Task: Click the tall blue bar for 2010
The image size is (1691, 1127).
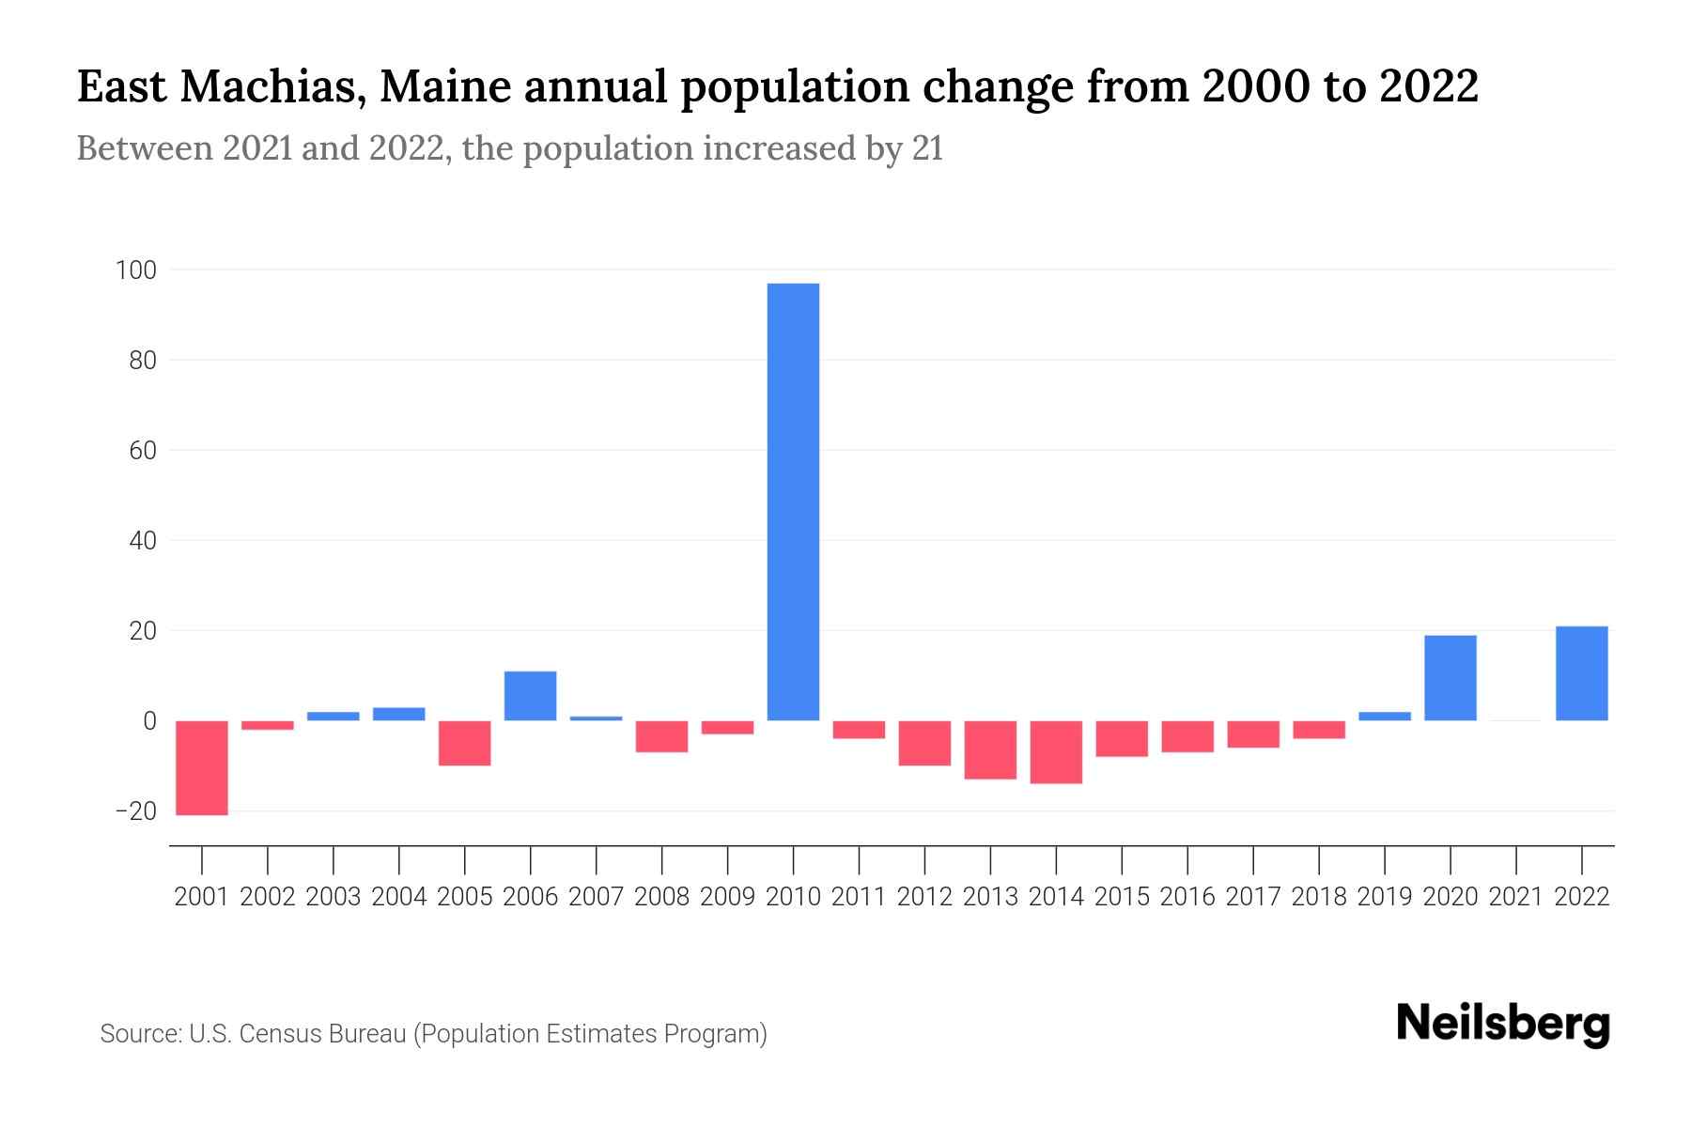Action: click(x=793, y=502)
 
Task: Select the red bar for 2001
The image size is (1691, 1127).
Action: click(x=202, y=767)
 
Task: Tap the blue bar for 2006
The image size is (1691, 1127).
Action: click(x=531, y=696)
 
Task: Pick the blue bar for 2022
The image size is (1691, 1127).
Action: click(x=1582, y=673)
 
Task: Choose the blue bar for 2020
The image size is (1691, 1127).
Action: click(x=1451, y=678)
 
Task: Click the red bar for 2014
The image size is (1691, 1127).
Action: click(x=1056, y=751)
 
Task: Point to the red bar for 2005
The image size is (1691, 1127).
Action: click(x=465, y=743)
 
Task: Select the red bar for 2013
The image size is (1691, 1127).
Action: click(x=990, y=749)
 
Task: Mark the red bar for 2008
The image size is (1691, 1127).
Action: click(x=662, y=736)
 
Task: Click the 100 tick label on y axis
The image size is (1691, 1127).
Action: click(x=135, y=270)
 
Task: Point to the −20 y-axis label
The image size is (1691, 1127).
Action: click(x=135, y=811)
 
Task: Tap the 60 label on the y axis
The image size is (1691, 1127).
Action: click(x=143, y=451)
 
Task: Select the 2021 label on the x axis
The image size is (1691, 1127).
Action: click(x=1516, y=897)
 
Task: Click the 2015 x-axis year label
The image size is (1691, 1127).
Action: click(x=1122, y=897)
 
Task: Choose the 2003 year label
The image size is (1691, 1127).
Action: click(x=334, y=897)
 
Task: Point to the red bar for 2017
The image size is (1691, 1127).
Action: click(x=1253, y=734)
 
